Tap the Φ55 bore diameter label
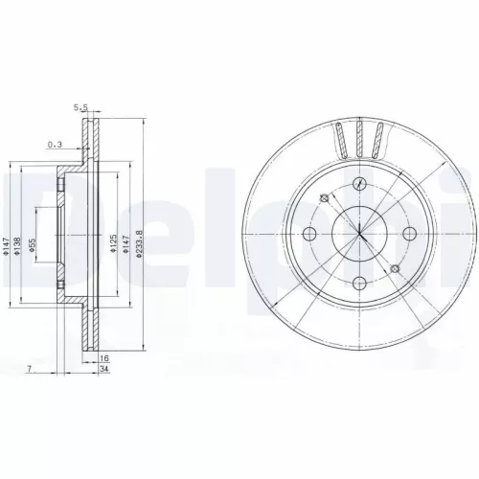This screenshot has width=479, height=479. (32, 246)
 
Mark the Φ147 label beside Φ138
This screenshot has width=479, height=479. (8, 247)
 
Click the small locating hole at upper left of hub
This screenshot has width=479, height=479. (325, 198)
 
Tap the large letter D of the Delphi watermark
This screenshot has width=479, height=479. (38, 230)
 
